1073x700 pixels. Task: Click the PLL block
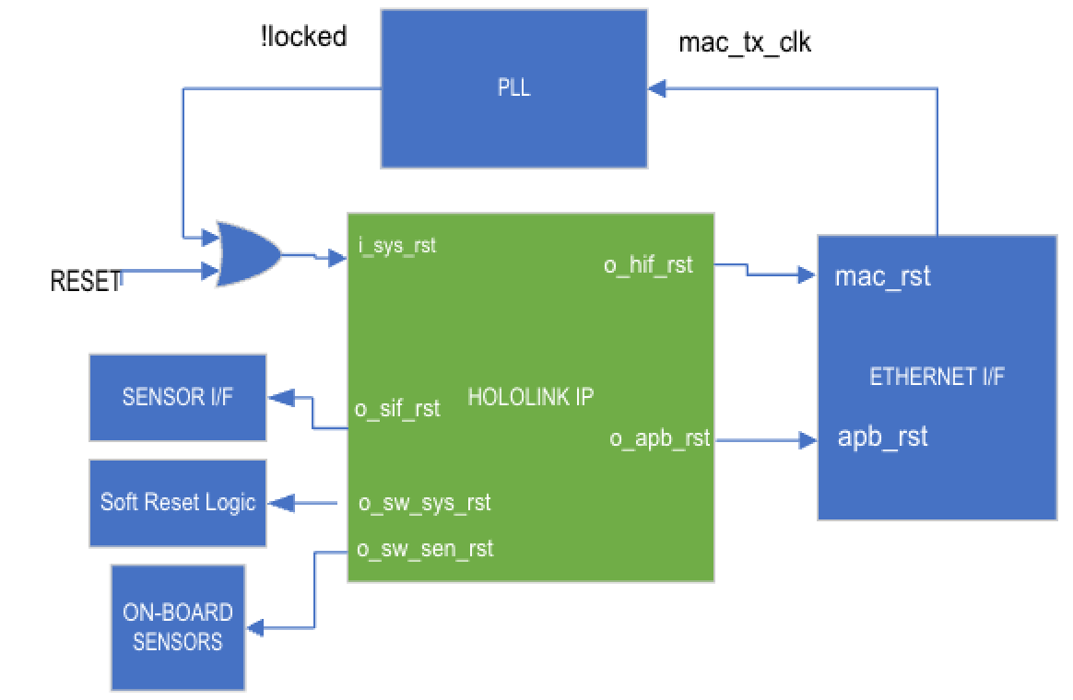pos(514,88)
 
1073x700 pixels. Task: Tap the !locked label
pos(304,36)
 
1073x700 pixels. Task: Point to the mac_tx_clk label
pos(745,42)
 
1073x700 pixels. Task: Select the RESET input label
pos(86,281)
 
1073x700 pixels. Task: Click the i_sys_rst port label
pos(397,245)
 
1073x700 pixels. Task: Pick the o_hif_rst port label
pos(648,264)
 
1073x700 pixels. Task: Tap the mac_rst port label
pos(882,276)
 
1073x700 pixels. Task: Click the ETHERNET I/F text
pos(937,376)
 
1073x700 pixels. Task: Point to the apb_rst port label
pos(882,437)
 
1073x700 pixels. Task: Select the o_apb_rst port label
pos(660,437)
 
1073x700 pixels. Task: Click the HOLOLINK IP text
pos(530,396)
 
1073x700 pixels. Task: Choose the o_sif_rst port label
pos(397,409)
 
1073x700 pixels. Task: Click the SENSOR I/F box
pos(178,397)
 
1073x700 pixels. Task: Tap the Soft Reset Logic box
pos(178,503)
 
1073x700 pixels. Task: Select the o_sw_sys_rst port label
pos(424,503)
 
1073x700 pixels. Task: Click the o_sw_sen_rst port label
pos(425,549)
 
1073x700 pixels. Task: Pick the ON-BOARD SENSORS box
pos(178,627)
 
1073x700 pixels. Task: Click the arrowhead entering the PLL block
pos(657,88)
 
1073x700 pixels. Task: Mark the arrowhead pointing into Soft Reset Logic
pos(281,503)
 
